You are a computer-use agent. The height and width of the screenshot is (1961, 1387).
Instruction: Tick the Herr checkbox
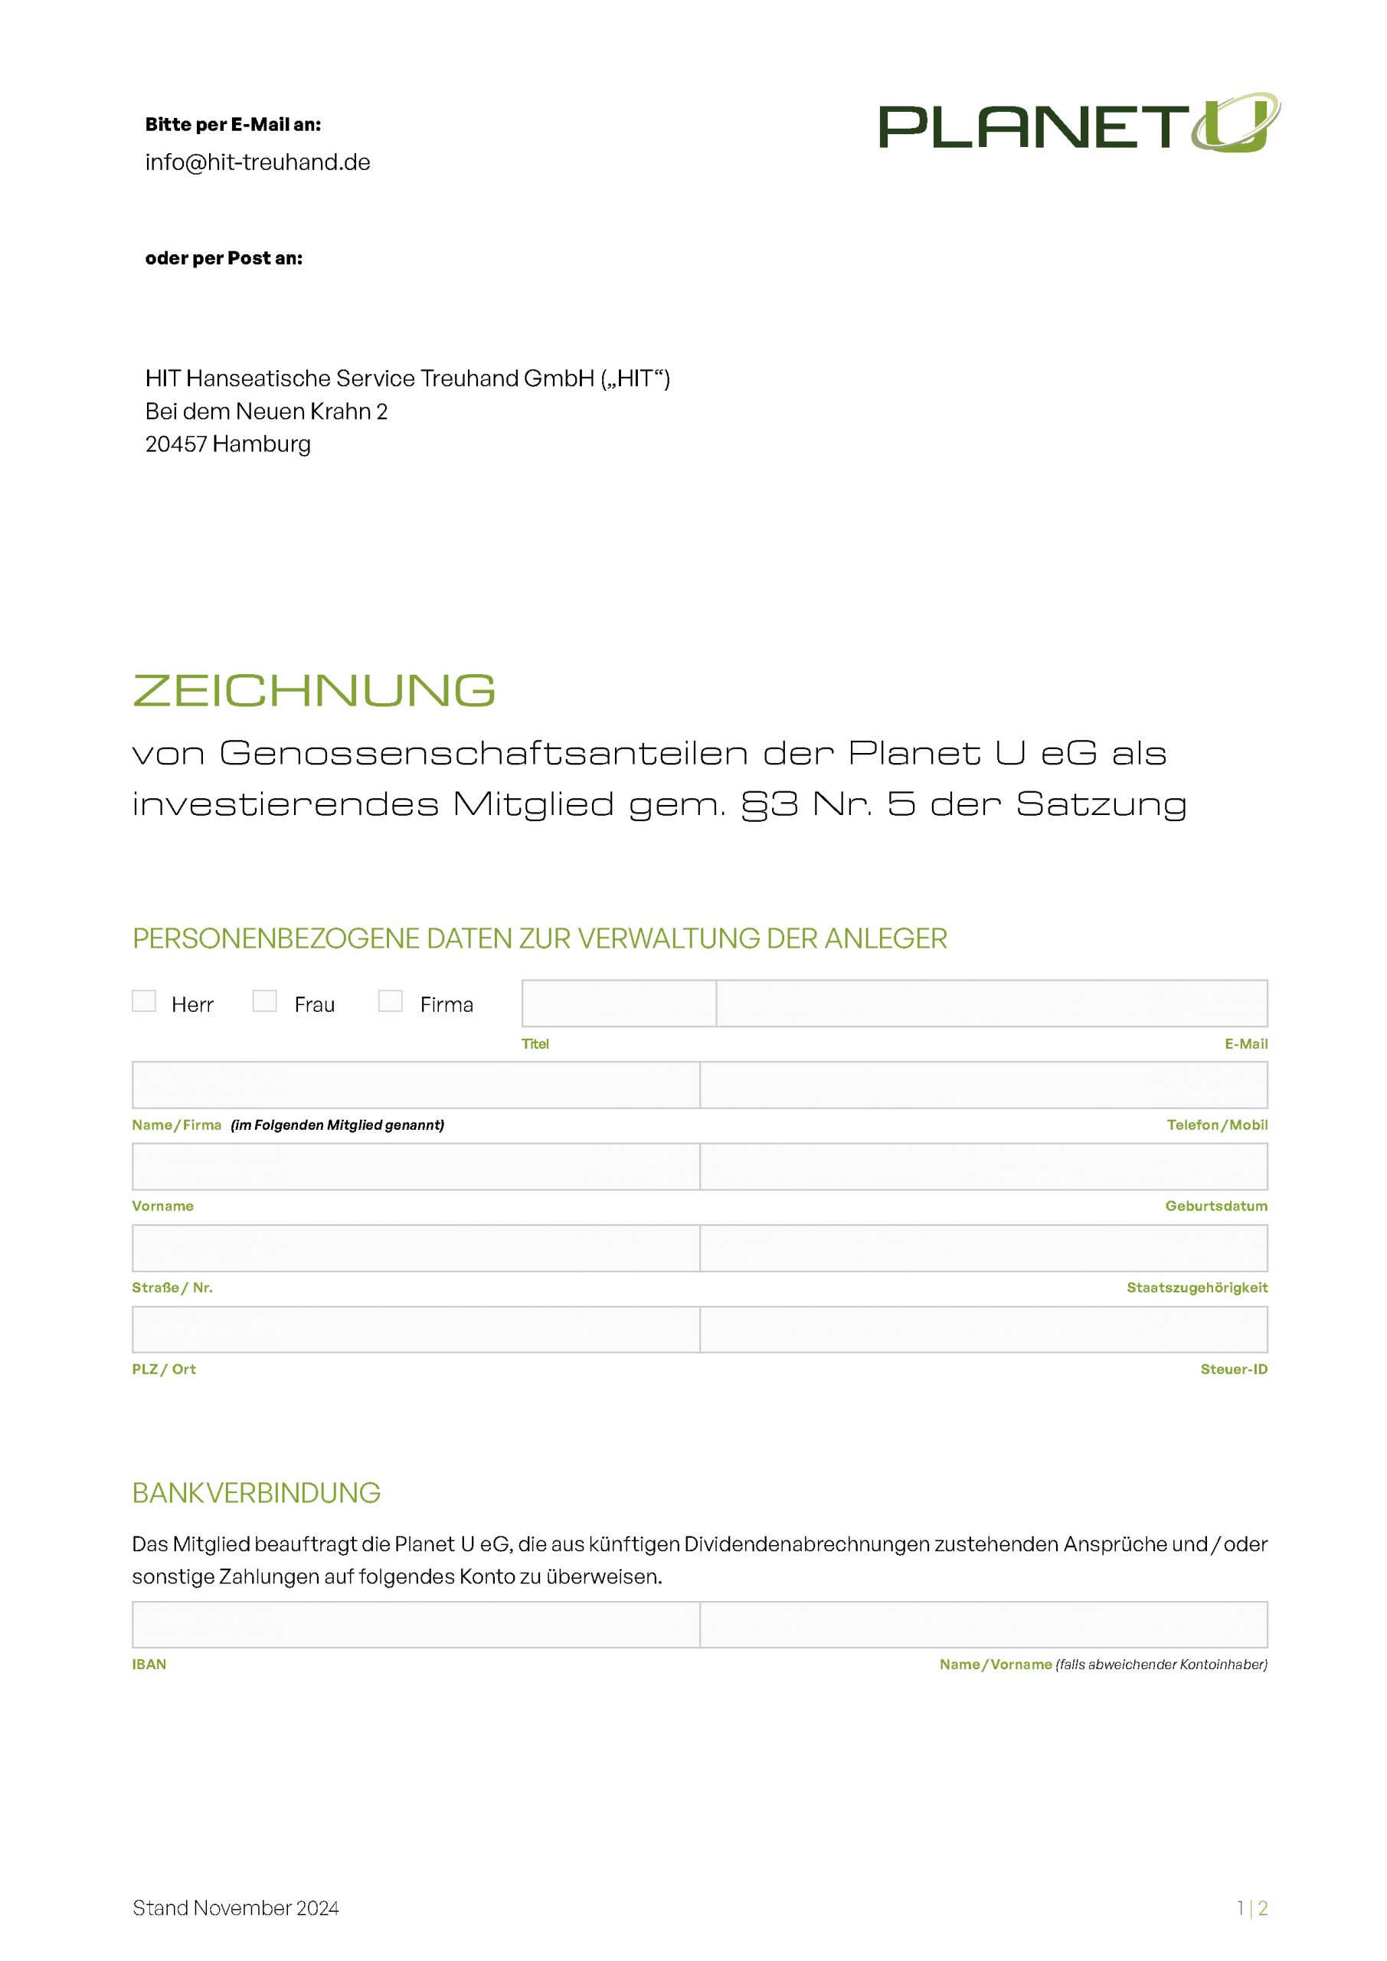click(143, 1001)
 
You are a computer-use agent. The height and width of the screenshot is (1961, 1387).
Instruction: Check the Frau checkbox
click(265, 1001)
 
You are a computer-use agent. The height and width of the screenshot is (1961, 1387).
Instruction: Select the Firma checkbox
click(391, 1001)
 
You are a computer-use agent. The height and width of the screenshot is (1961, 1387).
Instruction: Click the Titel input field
click(618, 1003)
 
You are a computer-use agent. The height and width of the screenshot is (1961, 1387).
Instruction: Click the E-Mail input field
click(991, 1003)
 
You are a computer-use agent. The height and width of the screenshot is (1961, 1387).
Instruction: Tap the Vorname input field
click(415, 1167)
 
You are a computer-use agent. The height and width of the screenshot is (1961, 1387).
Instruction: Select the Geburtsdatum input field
click(983, 1167)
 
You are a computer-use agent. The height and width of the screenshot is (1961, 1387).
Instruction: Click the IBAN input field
click(415, 1625)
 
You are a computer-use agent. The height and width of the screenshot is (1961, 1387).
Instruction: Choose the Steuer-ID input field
click(983, 1330)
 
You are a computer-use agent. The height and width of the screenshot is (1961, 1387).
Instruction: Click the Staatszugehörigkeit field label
click(1196, 1288)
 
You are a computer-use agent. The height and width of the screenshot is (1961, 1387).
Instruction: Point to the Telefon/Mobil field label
click(1216, 1126)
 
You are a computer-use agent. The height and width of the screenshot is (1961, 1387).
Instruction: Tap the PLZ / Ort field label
click(164, 1369)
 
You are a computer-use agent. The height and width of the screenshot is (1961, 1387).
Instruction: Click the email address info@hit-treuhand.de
click(257, 162)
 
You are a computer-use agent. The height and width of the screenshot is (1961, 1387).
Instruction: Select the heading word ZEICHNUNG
click(314, 690)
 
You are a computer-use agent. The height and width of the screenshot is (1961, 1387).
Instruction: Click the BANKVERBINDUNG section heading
click(257, 1493)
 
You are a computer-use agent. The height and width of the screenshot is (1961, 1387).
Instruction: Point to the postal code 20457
click(175, 444)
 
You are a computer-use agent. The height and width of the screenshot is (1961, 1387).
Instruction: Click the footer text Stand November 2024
click(236, 1908)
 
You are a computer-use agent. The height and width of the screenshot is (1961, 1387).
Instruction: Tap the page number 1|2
click(1252, 1908)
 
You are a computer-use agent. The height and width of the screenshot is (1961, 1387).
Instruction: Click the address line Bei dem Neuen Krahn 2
click(267, 411)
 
